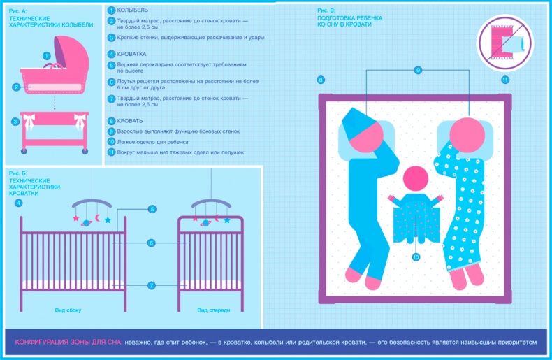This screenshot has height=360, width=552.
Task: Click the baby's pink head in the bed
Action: click(x=416, y=179)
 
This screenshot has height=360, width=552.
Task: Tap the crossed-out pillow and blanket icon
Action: click(x=504, y=43)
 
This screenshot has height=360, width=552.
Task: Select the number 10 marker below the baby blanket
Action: click(x=416, y=257)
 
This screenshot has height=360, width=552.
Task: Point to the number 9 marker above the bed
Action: click(x=418, y=70)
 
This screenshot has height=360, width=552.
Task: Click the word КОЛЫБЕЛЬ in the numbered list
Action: click(x=132, y=10)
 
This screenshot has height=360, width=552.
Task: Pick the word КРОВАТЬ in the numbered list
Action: click(x=130, y=121)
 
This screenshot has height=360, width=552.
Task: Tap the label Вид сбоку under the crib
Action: click(x=68, y=310)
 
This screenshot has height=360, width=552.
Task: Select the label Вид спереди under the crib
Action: click(x=214, y=310)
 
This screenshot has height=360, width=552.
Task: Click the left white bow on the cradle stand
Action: click(x=29, y=122)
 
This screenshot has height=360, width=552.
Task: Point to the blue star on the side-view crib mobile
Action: click(x=108, y=220)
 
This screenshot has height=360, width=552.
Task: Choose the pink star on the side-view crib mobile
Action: click(x=75, y=218)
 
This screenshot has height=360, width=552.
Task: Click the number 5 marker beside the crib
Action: click(x=152, y=209)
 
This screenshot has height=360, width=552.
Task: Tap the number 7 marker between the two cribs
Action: click(x=152, y=285)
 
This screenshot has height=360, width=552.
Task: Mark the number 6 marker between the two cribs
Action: click(x=152, y=243)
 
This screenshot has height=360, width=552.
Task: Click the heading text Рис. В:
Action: click(x=326, y=11)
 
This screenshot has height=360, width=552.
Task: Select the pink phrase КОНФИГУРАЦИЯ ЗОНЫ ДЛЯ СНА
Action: click(x=68, y=343)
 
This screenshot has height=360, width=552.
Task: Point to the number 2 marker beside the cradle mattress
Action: click(x=17, y=87)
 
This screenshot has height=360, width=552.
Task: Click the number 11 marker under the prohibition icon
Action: click(x=505, y=80)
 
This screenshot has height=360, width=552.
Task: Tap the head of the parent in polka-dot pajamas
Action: click(x=467, y=135)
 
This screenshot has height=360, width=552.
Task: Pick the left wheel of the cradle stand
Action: click(x=24, y=151)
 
